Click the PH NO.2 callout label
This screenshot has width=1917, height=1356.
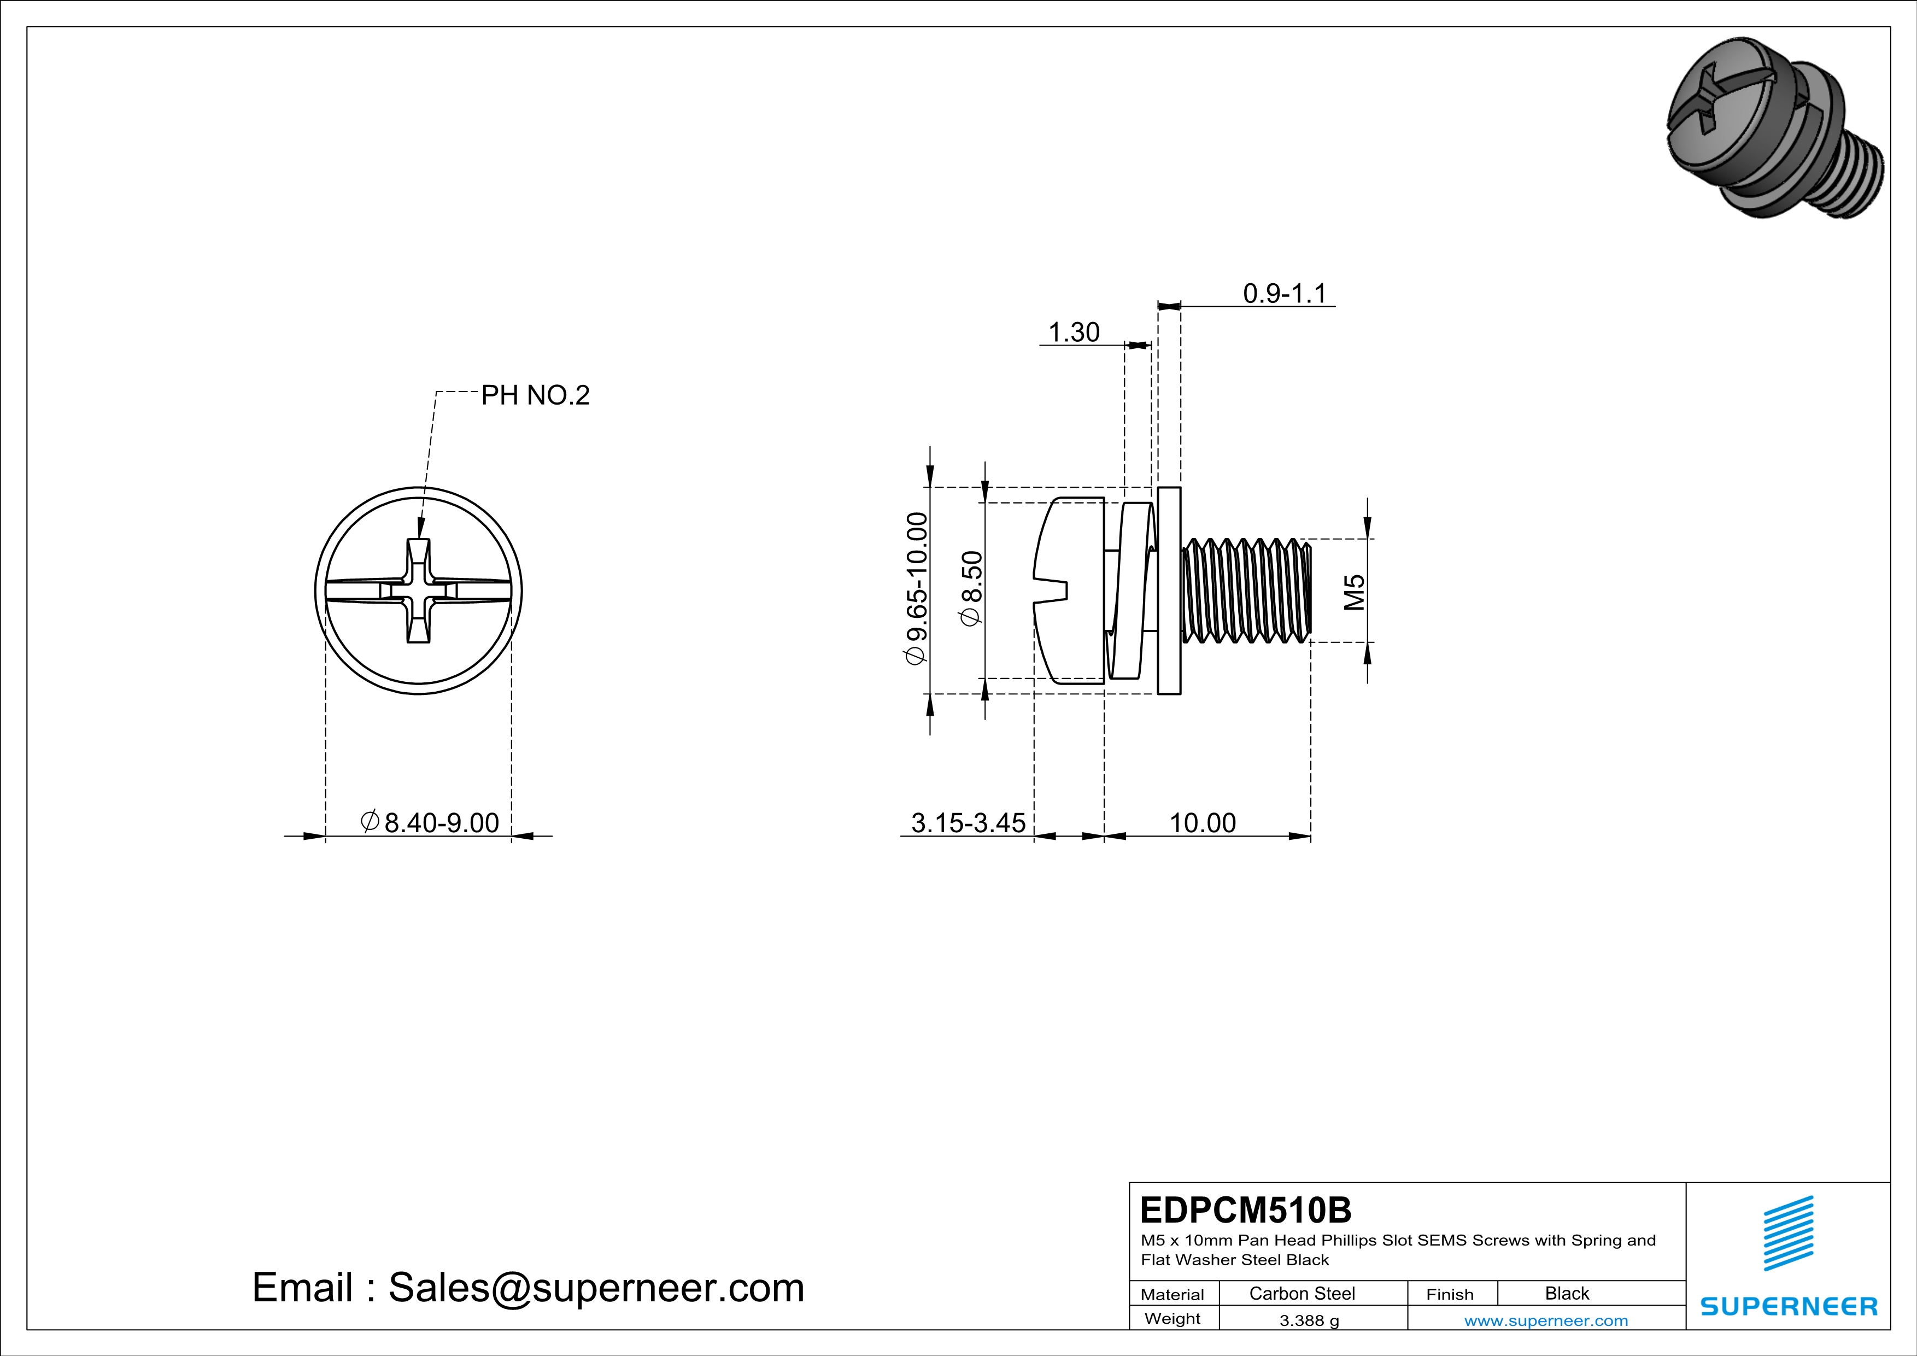point(535,395)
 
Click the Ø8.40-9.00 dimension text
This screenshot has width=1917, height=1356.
point(431,822)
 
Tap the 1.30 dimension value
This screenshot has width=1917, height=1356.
point(1073,332)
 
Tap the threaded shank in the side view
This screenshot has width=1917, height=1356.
point(1247,591)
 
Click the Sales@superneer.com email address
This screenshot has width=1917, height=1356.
point(596,1288)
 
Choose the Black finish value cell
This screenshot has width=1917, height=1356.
point(1566,1293)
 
